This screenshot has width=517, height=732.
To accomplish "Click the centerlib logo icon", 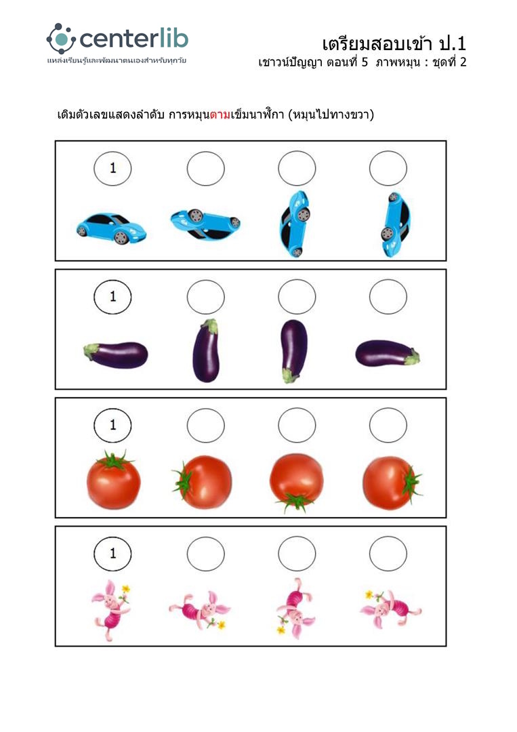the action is pos(61,38).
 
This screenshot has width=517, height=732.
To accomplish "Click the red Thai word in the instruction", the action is pos(220,115).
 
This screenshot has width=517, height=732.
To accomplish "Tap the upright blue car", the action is pos(111,228).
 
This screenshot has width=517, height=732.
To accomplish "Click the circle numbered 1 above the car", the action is pos(112,168).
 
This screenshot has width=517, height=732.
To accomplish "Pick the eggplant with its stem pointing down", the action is pos(293,350).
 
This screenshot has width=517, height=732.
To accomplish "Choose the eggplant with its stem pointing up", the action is pos(206,350).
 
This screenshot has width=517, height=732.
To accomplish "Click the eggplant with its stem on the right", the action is pos(388,353).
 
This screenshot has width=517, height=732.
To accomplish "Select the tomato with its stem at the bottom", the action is pos(296,483).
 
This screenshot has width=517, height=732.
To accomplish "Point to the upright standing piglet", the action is pos(110,610).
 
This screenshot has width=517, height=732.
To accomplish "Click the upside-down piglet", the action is pos(295,608).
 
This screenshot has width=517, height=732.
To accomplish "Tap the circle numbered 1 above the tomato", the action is pos(112,425).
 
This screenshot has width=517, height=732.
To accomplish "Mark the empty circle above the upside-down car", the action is pos(206,168).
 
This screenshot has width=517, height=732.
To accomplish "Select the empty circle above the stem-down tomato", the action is pos(297,425).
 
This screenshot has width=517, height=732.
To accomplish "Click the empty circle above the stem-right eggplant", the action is pos(388,296).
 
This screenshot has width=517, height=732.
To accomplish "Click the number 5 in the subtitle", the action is pos(365,62).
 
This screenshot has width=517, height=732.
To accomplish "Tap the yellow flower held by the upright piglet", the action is pos(125,589).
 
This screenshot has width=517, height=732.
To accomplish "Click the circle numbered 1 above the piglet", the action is pos(112,554).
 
